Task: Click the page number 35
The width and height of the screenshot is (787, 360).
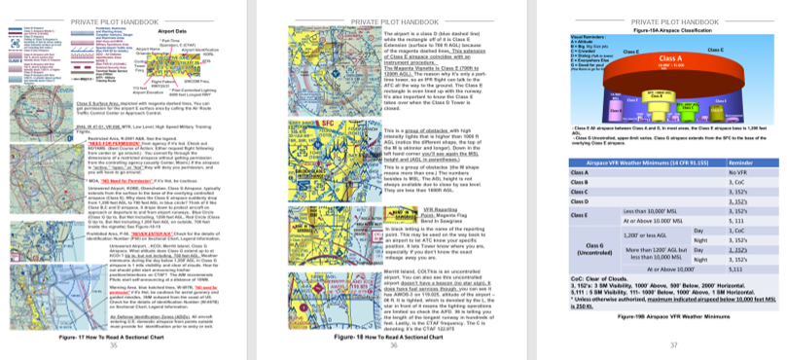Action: click(x=114, y=345)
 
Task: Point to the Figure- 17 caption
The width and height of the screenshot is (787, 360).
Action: click(x=114, y=335)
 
